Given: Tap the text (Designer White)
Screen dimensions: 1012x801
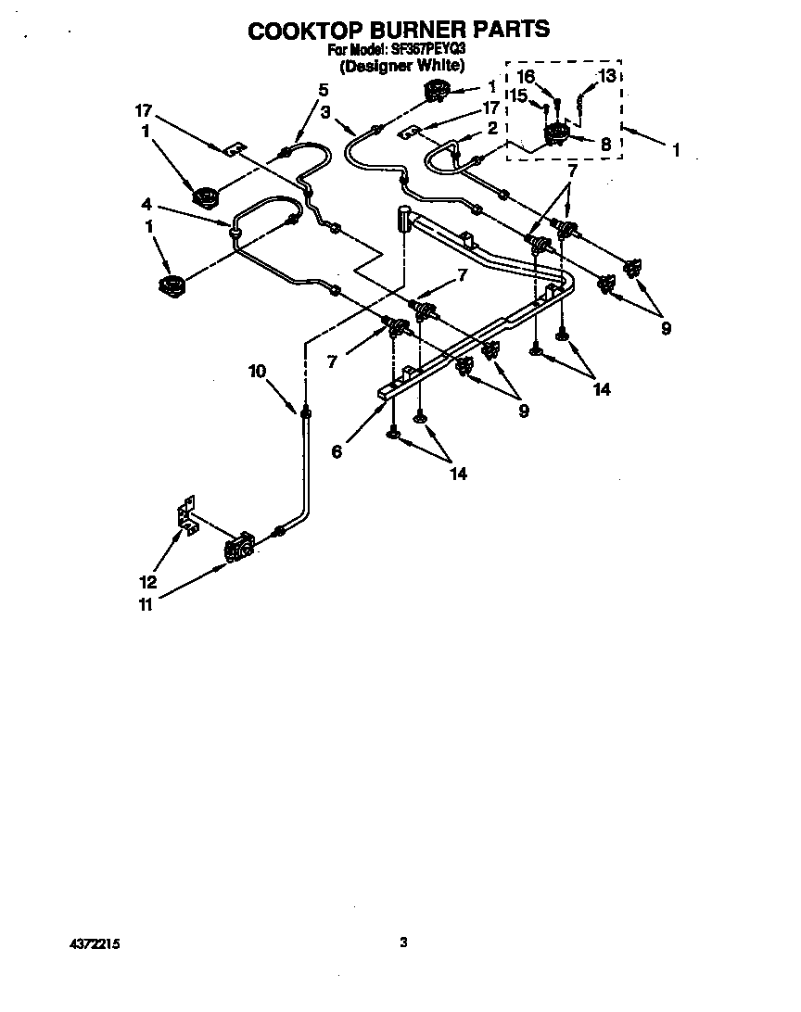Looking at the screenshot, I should coord(400,67).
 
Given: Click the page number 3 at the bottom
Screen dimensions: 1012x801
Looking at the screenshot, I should coord(403,943).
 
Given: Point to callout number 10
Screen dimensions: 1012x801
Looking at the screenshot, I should coord(257,371).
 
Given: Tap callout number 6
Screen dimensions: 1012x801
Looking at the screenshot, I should coord(337,451).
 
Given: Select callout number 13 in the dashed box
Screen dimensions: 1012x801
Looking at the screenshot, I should coord(605,76).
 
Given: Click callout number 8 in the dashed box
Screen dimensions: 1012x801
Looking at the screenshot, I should coord(605,144).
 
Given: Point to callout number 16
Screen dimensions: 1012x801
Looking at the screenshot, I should coord(526,76).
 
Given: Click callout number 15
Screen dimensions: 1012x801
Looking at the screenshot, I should coord(519,95).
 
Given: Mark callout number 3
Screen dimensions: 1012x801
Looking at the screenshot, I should coord(325,111).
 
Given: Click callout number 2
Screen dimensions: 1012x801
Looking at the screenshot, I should coord(493,127).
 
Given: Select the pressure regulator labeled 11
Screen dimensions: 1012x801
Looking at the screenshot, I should coord(238,548).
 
